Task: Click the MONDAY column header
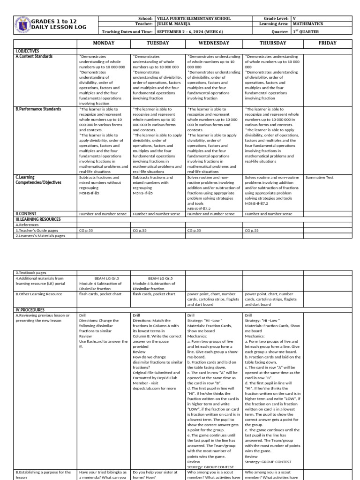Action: (104, 43)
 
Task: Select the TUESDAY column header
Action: (157, 43)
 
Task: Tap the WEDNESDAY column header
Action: (214, 43)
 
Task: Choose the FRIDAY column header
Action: (327, 43)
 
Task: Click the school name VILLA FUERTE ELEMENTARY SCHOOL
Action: (193, 18)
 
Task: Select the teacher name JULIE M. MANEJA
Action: (177, 24)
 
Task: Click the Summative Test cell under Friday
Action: (319, 178)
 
